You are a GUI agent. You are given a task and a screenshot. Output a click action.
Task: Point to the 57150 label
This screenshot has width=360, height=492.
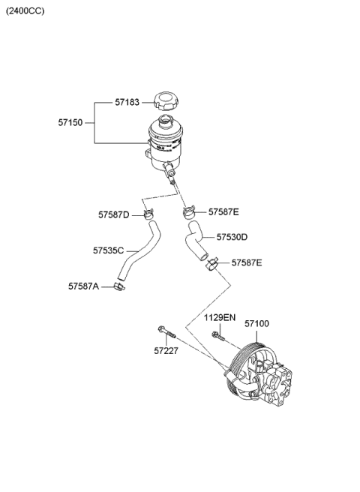(71, 121)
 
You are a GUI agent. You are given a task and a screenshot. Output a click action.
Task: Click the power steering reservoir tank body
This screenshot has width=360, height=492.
(166, 142)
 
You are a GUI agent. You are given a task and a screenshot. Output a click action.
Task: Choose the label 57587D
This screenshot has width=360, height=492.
(113, 214)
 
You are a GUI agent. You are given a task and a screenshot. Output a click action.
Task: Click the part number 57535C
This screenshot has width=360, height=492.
(109, 250)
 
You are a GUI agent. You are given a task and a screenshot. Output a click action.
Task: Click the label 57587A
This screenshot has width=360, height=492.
(83, 286)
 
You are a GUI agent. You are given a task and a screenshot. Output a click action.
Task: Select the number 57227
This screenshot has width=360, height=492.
(167, 350)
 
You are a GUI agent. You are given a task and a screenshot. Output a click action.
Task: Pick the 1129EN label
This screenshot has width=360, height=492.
(220, 318)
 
